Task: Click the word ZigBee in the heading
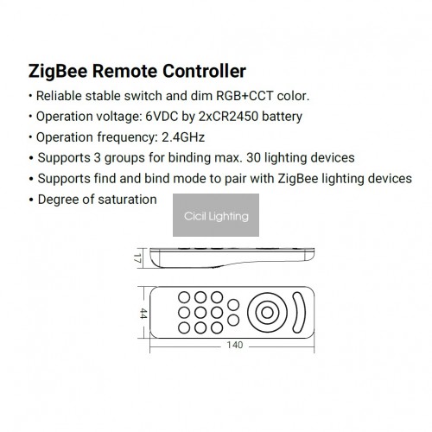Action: pos(58,71)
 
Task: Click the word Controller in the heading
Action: pos(204,71)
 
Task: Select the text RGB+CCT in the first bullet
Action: pos(245,96)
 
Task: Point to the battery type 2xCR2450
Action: pos(228,117)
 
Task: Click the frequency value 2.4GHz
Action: pos(183,137)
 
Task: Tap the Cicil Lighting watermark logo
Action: pos(216,215)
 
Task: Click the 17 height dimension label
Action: pos(137,258)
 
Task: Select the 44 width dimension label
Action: pos(143,314)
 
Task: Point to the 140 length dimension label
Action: pos(235,345)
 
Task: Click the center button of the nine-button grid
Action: pos(200,313)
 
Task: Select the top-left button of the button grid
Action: pos(184,297)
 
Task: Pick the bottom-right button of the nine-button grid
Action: pos(217,327)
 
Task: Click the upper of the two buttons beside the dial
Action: pos(233,305)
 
